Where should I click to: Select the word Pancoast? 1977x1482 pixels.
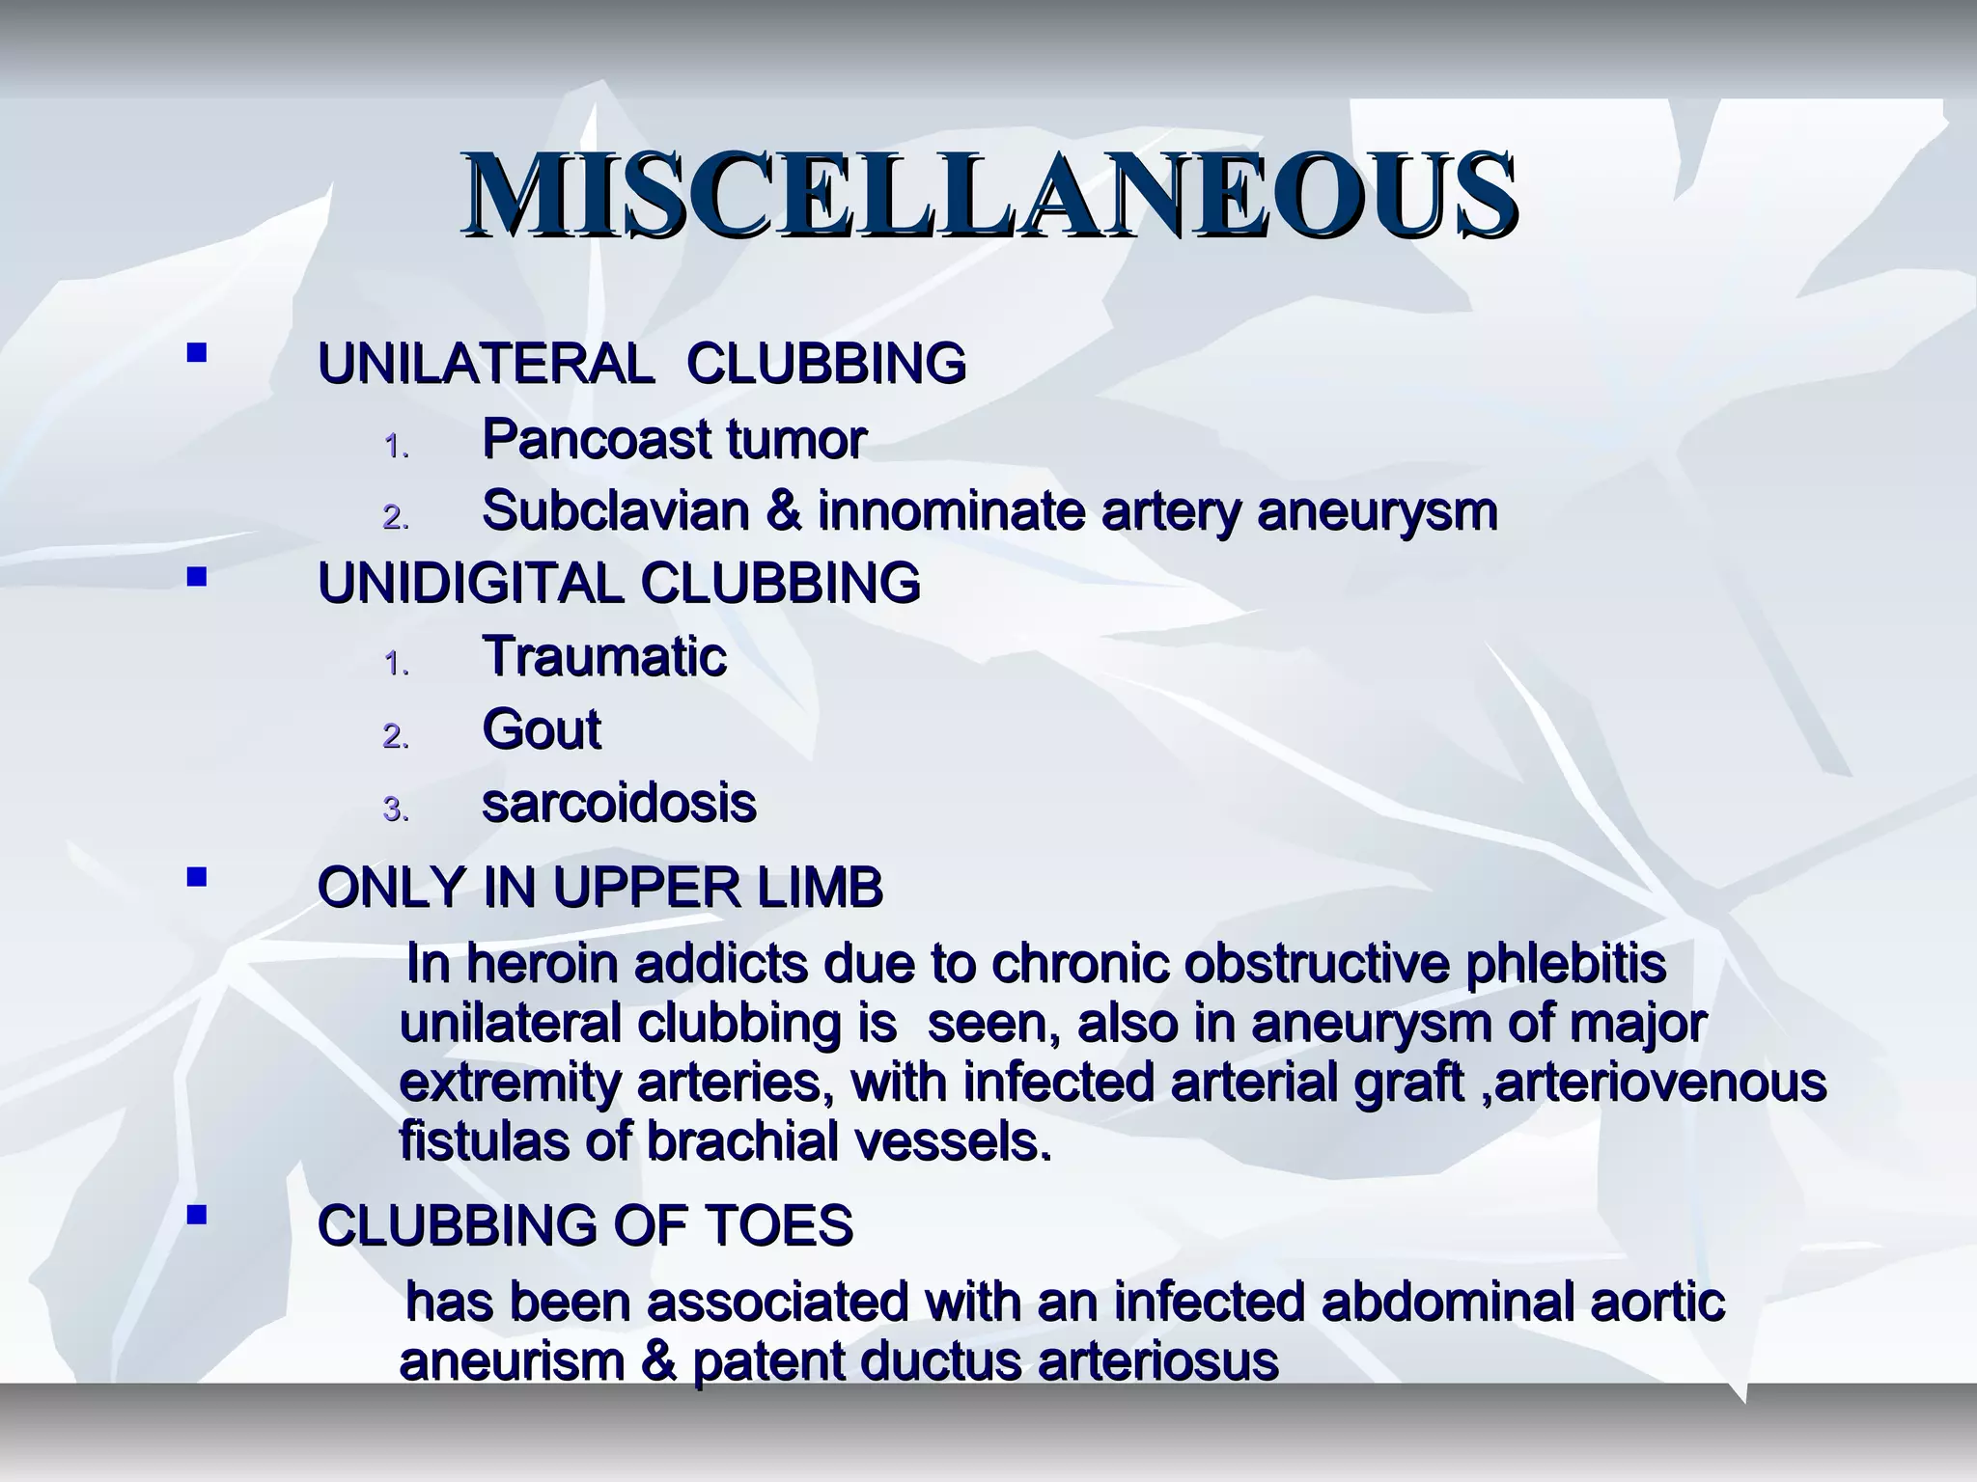[595, 440]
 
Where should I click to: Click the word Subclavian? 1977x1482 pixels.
[615, 511]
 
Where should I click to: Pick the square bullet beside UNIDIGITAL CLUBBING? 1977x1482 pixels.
[197, 577]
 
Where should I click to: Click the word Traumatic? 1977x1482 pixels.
[604, 657]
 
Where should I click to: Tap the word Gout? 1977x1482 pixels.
[541, 729]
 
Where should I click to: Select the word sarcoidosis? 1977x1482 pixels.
[619, 803]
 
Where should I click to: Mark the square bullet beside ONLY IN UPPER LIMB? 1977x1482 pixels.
[197, 878]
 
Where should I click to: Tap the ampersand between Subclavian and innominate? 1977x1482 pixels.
[783, 511]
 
